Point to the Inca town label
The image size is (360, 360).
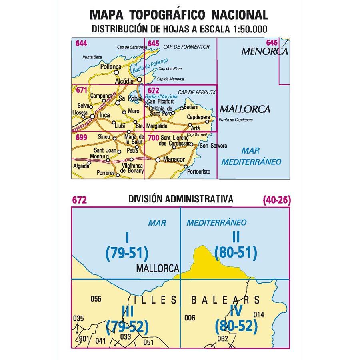pyautogui.click(x=104, y=116)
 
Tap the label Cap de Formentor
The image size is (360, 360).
pyautogui.click(x=186, y=47)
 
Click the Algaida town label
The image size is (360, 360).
pyautogui.click(x=81, y=166)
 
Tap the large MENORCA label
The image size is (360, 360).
pyautogui.click(x=265, y=52)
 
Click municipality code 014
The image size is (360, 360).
pyautogui.click(x=259, y=314)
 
